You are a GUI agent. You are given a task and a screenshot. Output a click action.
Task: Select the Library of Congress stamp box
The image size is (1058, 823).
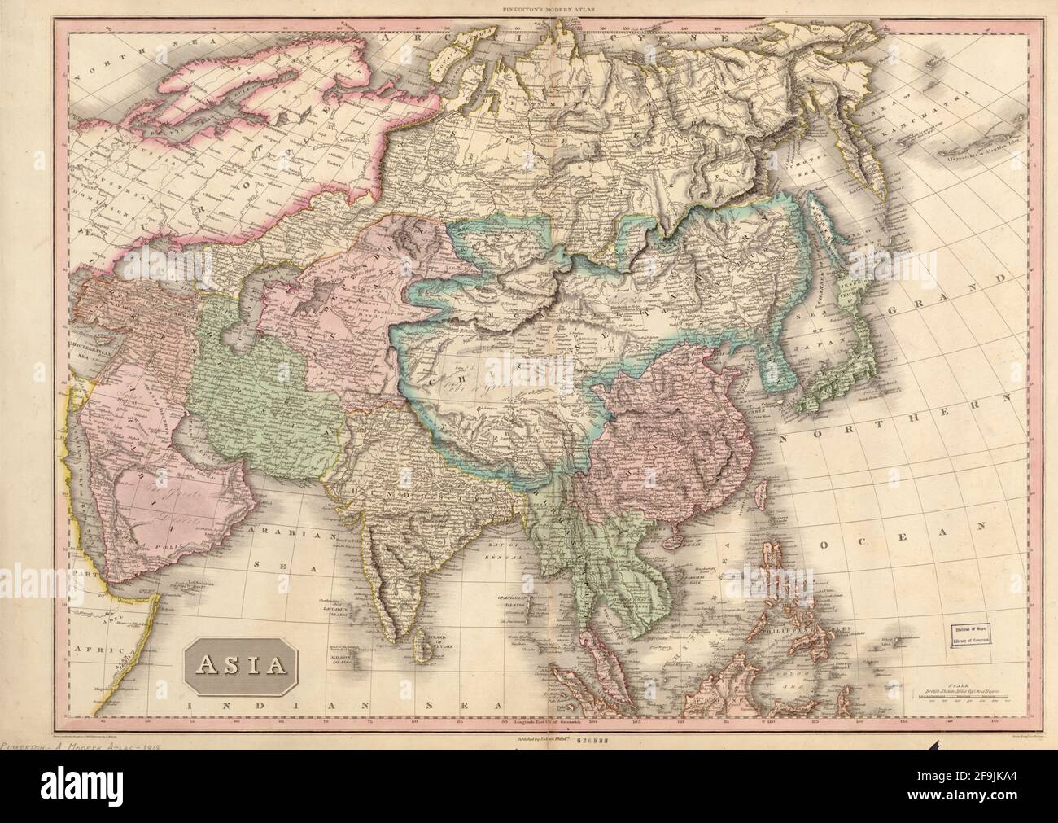click(x=973, y=634)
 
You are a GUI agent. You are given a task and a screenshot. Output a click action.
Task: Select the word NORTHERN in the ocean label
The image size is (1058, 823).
click(x=887, y=417)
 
